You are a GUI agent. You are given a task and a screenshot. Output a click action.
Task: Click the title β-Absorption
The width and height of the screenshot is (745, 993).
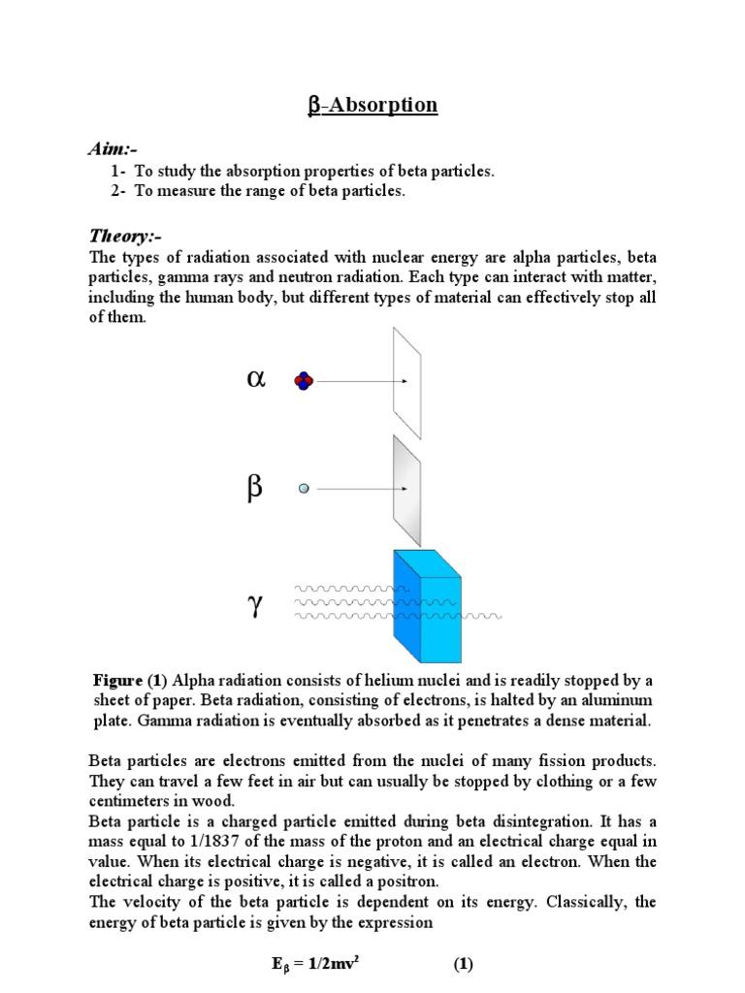point(372,105)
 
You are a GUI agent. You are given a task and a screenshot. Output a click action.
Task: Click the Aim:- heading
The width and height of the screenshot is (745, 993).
point(113,148)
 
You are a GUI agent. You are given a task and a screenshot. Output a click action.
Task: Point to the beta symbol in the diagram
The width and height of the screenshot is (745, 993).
point(254,489)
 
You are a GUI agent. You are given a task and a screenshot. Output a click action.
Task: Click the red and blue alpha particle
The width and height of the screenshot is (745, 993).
point(304,381)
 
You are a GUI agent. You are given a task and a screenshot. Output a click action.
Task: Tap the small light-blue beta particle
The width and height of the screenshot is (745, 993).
point(304,490)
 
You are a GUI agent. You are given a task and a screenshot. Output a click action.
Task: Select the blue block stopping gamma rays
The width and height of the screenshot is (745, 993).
point(427,606)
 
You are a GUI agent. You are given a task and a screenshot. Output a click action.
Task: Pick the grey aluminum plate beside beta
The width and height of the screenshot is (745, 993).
point(407,490)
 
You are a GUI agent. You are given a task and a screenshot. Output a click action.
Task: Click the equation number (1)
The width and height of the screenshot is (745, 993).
point(463,965)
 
